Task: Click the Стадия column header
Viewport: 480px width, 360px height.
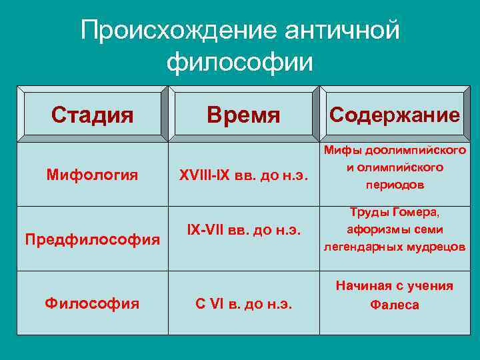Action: (93, 115)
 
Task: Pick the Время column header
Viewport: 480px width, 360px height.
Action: (243, 115)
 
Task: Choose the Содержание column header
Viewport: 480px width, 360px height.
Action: (395, 115)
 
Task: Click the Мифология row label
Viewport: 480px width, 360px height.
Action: (93, 175)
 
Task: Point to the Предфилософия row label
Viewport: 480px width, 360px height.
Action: (93, 239)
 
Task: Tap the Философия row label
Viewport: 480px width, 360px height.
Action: (93, 303)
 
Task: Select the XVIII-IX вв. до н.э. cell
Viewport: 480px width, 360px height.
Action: (243, 176)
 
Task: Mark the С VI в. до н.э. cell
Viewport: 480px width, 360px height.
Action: (243, 305)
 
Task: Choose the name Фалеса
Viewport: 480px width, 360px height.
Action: (395, 305)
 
